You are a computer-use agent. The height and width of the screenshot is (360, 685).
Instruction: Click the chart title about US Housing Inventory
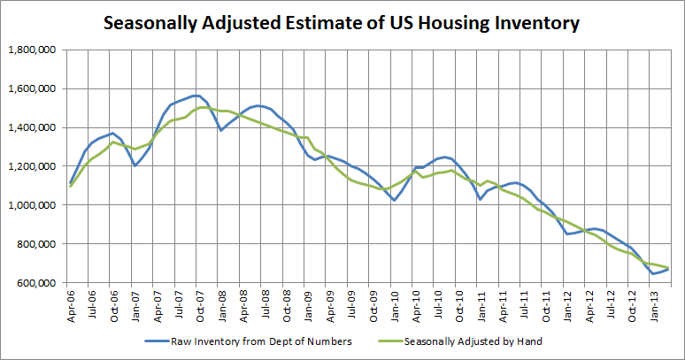(342, 23)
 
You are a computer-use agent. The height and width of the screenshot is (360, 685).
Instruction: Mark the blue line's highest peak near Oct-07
(196, 96)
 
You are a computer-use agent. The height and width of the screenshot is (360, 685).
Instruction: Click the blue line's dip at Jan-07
(135, 165)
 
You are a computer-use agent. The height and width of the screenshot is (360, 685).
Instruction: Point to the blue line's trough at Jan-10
(395, 200)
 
